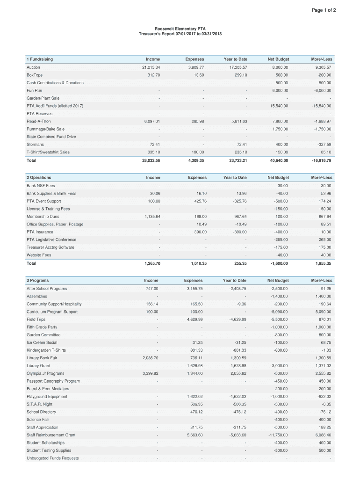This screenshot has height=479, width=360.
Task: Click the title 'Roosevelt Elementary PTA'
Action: coord(180,29)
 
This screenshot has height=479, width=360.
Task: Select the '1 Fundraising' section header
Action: coord(40,59)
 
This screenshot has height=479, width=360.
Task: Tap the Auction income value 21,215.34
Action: coord(151,67)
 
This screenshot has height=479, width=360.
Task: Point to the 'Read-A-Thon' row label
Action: coord(39,121)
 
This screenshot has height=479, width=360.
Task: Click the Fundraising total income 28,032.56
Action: coord(151,160)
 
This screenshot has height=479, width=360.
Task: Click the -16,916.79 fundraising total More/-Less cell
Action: coord(321,160)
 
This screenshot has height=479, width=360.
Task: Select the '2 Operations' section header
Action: coord(39,178)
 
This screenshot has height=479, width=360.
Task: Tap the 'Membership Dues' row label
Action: coord(43,217)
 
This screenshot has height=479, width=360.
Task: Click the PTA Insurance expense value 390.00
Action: coord(200,232)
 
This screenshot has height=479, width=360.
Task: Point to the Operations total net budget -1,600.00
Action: coord(280,263)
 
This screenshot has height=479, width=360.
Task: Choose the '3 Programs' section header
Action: coord(37,281)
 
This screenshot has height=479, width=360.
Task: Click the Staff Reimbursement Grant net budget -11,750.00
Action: coord(278,435)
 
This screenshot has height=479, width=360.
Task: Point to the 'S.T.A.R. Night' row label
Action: coord(39,404)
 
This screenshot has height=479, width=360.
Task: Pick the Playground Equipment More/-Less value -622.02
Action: coord(323,397)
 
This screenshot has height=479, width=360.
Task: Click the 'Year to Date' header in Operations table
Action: coord(235,178)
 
